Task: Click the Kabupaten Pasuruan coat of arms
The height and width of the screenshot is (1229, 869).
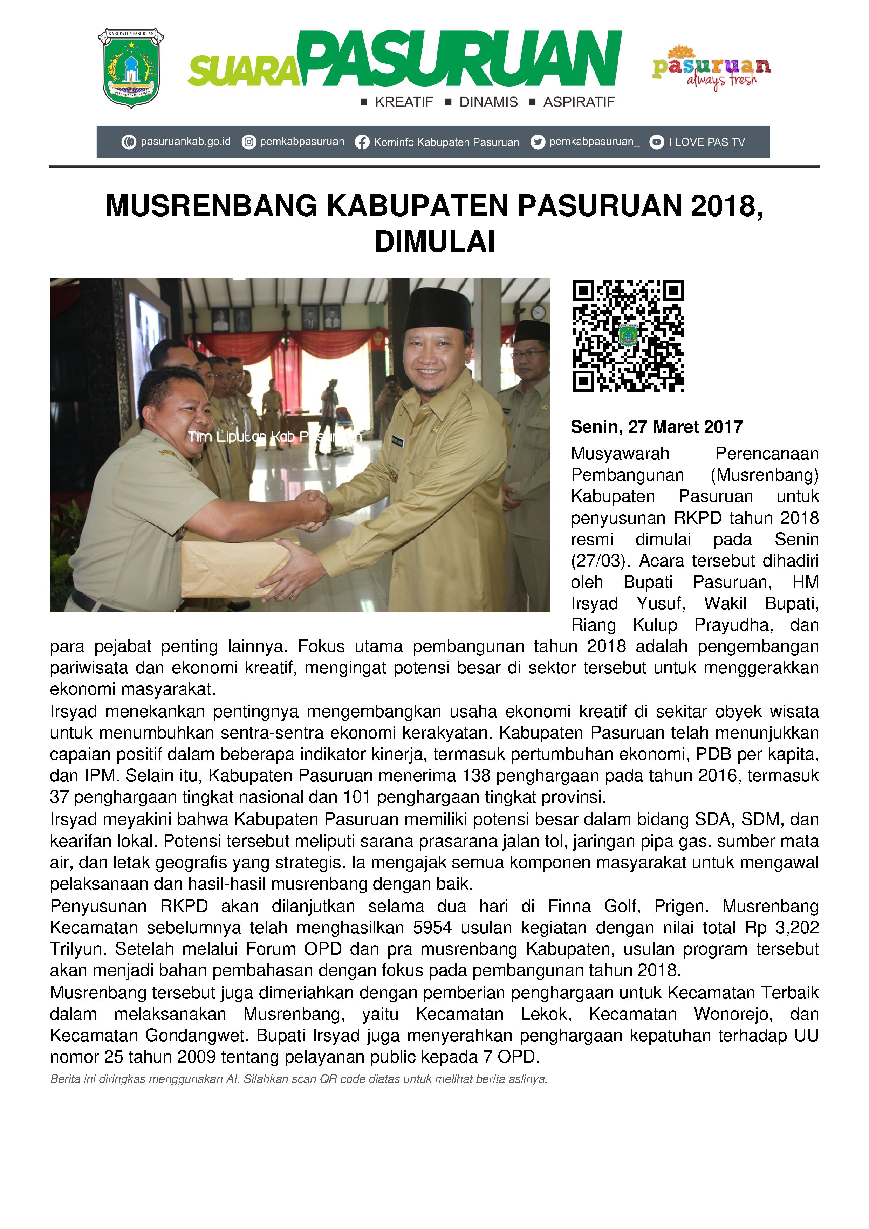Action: pos(131,69)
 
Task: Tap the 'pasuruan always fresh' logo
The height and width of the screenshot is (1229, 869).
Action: pos(711,68)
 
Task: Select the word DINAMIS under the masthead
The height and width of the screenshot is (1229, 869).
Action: pos(488,102)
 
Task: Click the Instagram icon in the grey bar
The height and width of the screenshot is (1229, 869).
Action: pos(248,142)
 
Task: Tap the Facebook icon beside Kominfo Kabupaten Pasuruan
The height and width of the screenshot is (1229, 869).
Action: pos(362,142)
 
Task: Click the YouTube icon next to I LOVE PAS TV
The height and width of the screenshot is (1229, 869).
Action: pos(656,142)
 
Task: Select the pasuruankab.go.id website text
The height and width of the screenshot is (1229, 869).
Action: pos(185,142)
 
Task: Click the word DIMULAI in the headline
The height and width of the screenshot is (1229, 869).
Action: pos(434,241)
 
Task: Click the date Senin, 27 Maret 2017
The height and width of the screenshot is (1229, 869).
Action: pos(656,427)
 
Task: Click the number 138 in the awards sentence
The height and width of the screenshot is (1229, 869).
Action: pos(477,776)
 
